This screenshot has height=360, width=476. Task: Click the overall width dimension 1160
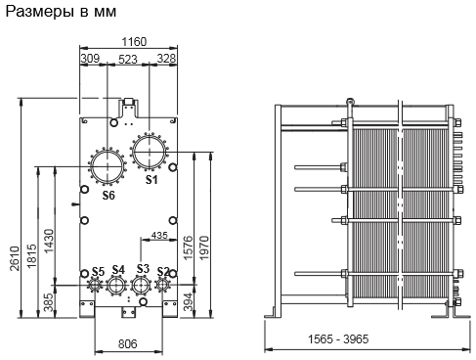point(134,42)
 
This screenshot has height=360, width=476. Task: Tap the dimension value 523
point(128,60)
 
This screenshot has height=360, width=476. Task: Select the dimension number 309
point(90,59)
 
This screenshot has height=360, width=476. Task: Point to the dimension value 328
point(166,59)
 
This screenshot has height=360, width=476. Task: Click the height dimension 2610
point(15,258)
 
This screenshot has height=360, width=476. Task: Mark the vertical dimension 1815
point(32,256)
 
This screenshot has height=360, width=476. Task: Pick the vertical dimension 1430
point(49,241)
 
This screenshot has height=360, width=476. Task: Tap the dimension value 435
point(159,235)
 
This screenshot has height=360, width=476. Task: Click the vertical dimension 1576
point(188,247)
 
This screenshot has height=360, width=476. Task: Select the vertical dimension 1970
point(204,247)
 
